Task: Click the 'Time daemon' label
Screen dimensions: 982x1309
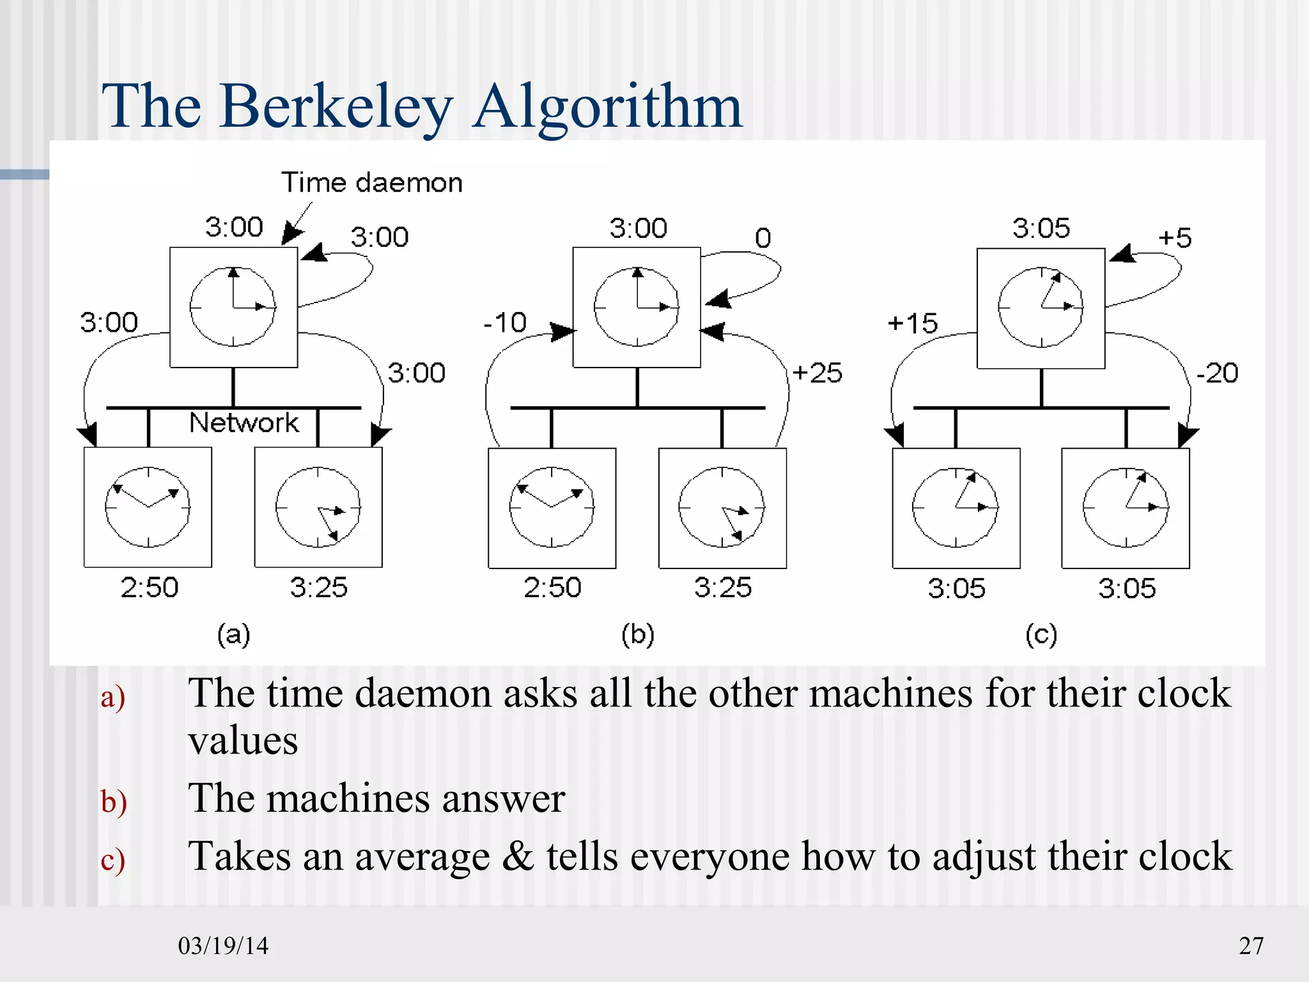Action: click(x=371, y=183)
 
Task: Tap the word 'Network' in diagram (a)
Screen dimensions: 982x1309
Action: click(x=244, y=423)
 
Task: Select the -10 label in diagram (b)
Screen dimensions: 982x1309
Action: click(x=505, y=322)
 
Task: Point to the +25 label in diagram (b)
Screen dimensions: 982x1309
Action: click(x=817, y=373)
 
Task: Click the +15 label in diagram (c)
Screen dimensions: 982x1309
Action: click(x=913, y=323)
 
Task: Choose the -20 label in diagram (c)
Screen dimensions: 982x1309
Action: click(x=1217, y=373)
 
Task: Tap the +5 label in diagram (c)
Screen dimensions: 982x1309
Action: click(x=1175, y=238)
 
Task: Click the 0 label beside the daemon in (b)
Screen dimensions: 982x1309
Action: click(x=763, y=238)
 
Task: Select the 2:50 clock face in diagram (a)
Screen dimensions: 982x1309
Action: click(x=148, y=507)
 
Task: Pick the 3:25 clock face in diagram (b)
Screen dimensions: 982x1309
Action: click(x=722, y=508)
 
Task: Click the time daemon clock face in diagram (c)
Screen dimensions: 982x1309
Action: click(x=1041, y=308)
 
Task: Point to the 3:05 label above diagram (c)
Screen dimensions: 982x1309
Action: click(x=1041, y=228)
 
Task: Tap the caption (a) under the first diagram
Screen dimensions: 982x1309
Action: click(x=233, y=635)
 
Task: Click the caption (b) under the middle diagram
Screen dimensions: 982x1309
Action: click(x=638, y=635)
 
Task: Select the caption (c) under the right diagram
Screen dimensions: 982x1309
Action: click(x=1041, y=635)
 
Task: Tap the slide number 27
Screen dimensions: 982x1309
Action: click(x=1251, y=946)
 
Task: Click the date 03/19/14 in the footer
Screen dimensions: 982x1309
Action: click(x=223, y=946)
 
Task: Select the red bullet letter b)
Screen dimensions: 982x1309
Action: click(x=114, y=801)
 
